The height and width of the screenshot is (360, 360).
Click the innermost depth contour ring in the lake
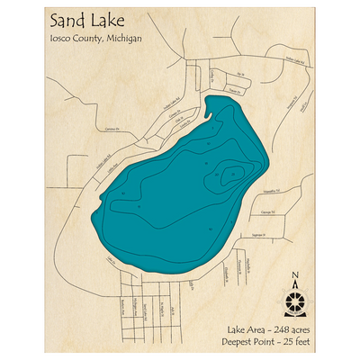[x=232, y=174]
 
